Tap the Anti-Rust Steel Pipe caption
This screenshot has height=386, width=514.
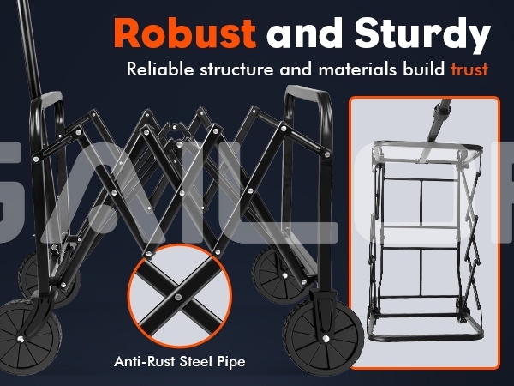[x=177, y=361]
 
